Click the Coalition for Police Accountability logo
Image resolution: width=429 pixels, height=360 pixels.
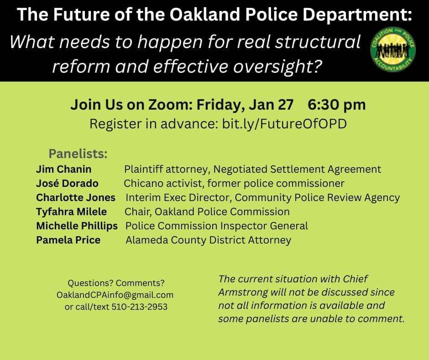tap(393, 50)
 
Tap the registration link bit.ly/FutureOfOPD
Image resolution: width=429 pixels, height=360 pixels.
tap(284, 123)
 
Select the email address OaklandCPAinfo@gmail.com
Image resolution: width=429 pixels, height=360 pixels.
tap(115, 295)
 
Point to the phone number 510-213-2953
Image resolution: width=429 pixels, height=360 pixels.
tap(140, 307)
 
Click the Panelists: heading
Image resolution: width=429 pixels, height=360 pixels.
tap(78, 154)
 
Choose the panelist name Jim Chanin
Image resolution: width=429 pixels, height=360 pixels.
tap(64, 169)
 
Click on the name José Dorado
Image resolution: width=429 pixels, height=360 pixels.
tap(67, 183)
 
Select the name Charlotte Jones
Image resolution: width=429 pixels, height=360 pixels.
tap(76, 197)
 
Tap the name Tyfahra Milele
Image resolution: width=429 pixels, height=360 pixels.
tap(71, 212)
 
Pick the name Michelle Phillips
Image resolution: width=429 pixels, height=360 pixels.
tap(77, 226)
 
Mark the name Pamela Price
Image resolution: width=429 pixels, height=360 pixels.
tap(68, 240)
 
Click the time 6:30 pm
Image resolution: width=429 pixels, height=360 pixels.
tap(336, 105)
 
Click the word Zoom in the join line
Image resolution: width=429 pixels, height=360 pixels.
tap(170, 104)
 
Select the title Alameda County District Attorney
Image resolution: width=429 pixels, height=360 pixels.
tap(208, 240)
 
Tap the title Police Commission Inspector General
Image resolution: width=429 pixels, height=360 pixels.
tap(216, 226)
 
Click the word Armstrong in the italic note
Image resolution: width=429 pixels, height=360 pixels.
tap(243, 292)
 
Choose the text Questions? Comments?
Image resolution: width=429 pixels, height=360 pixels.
tap(116, 283)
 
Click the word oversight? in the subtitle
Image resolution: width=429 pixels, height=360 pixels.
tap(277, 66)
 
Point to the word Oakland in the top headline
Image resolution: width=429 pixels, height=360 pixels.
tap(204, 14)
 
